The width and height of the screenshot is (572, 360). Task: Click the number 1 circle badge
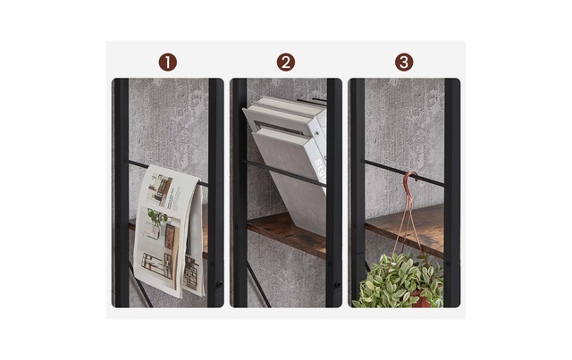[x=168, y=63]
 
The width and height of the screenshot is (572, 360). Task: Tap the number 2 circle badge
[x=286, y=63]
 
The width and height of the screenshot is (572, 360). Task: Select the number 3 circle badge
[x=404, y=63]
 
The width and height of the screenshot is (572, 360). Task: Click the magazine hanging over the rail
[x=168, y=230]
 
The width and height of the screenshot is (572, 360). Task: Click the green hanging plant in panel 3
[x=399, y=280]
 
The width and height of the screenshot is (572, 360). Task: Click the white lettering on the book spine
[x=320, y=170]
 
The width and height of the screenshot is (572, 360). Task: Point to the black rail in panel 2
[x=285, y=173]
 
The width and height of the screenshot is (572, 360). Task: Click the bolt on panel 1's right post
[x=219, y=283]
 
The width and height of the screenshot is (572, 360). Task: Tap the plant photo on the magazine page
[x=157, y=220]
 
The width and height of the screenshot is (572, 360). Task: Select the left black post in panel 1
[x=122, y=193]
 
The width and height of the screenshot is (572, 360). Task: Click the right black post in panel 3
[x=452, y=193]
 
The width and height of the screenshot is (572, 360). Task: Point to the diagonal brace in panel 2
[x=259, y=288]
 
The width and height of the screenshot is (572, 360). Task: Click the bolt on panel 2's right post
[x=337, y=284]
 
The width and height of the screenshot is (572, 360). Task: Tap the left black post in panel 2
[x=240, y=193]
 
